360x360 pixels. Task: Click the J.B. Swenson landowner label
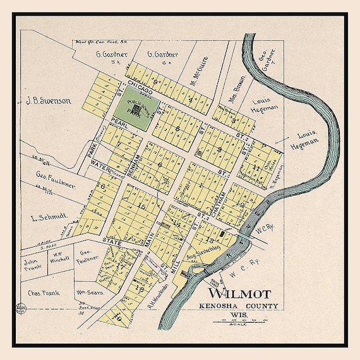pyautogui.click(x=49, y=100)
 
